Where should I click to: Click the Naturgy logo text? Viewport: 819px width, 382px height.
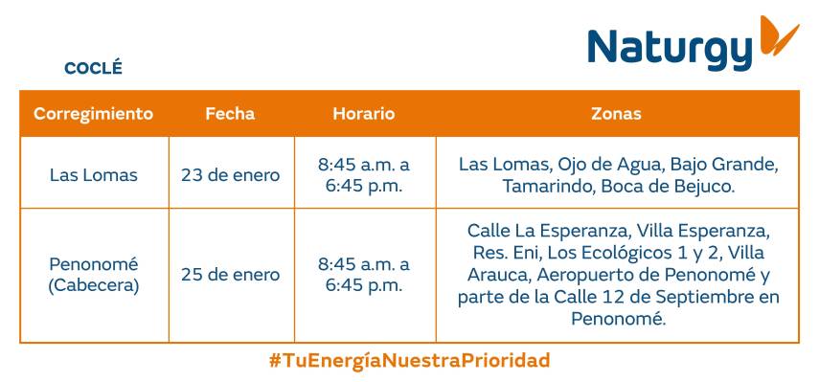pyautogui.click(x=670, y=48)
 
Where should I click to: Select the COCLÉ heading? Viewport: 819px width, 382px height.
pyautogui.click(x=93, y=68)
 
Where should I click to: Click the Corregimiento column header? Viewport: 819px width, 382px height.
pyautogui.click(x=93, y=113)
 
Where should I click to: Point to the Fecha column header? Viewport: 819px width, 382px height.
pyautogui.click(x=230, y=113)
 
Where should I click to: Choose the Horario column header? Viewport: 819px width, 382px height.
pyautogui.click(x=363, y=113)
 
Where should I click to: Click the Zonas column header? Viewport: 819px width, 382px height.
pyautogui.click(x=616, y=113)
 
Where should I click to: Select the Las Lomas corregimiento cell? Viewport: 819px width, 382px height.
pyautogui.click(x=93, y=175)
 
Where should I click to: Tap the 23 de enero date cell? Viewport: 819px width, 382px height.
pyautogui.click(x=230, y=175)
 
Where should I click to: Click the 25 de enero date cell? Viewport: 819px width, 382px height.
pyautogui.click(x=230, y=275)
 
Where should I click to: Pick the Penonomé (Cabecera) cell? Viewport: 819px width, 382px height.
pyautogui.click(x=93, y=275)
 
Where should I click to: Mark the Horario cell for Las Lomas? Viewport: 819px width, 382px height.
pyautogui.click(x=363, y=175)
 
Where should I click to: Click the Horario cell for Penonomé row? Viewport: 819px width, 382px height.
pyautogui.click(x=363, y=275)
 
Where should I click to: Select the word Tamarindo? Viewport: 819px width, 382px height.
pyautogui.click(x=546, y=187)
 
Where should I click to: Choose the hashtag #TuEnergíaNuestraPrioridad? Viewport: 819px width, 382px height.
pyautogui.click(x=409, y=361)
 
